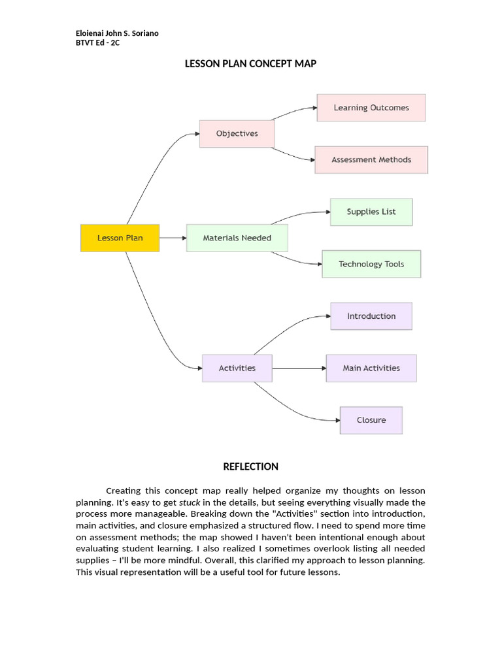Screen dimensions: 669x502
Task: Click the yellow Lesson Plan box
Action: (120, 238)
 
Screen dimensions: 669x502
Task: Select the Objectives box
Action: (237, 133)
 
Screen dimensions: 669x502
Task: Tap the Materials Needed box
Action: (237, 238)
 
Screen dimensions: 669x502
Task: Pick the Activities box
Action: (237, 368)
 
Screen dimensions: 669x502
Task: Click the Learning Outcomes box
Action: (371, 108)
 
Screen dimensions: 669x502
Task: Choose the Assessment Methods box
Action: (371, 159)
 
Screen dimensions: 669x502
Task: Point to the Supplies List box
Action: (371, 212)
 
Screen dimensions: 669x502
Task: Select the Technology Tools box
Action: (371, 264)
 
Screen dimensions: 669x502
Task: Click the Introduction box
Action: (371, 316)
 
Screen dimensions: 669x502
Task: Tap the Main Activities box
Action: (371, 368)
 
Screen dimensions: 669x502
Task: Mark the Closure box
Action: (371, 420)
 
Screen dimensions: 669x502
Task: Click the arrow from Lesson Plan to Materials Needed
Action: (173, 238)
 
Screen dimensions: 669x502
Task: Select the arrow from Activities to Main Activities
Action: (299, 368)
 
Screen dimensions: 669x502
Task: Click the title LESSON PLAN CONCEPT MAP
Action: (251, 63)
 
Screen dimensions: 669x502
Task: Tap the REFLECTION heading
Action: (251, 466)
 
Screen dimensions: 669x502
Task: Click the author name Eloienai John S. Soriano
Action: (117, 33)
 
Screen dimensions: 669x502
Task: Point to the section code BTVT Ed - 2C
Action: (97, 43)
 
